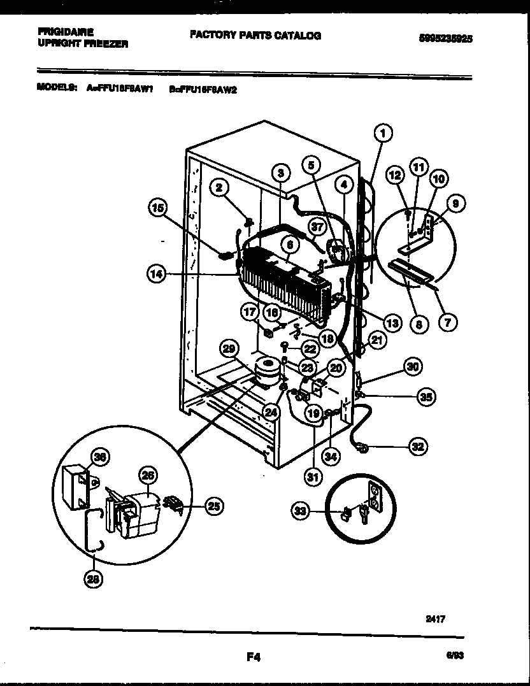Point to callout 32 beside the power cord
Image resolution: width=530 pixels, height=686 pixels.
(x=418, y=447)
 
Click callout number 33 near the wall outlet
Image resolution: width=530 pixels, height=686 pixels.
(x=301, y=509)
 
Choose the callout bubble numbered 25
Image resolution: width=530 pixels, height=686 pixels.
(x=214, y=506)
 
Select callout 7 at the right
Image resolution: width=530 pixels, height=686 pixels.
(x=447, y=323)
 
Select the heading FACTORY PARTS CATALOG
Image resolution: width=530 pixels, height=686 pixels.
(x=255, y=36)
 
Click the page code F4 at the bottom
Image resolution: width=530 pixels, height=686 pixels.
(x=254, y=657)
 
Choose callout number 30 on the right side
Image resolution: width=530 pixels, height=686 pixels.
(x=413, y=367)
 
